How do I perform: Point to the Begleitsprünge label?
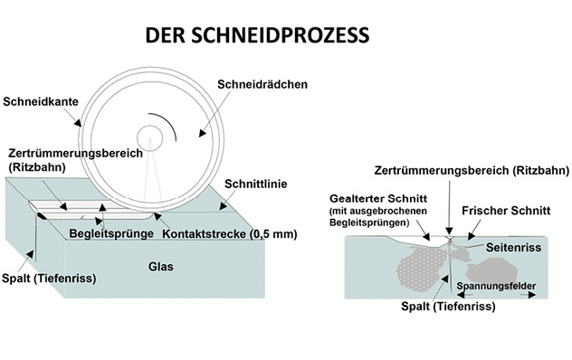pos(107,233)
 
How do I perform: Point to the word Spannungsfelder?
pos(501,288)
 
